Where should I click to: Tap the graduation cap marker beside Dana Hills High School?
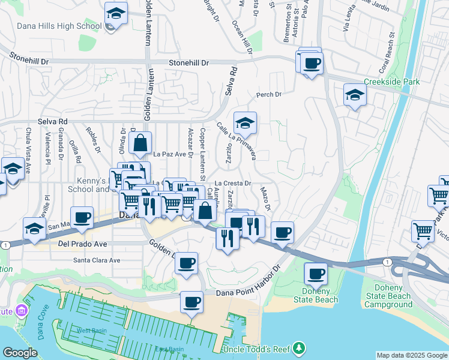[116, 13]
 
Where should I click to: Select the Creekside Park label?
[391, 82]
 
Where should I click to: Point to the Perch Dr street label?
[268, 94]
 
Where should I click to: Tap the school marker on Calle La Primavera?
[245, 124]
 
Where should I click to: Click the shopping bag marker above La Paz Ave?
[139, 143]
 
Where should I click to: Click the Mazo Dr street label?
[266, 198]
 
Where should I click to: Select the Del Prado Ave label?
[82, 244]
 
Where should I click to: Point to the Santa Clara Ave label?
[97, 260]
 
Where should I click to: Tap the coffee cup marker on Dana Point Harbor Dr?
[192, 302]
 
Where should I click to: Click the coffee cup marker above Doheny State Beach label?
[316, 274]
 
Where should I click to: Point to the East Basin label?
[169, 349]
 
